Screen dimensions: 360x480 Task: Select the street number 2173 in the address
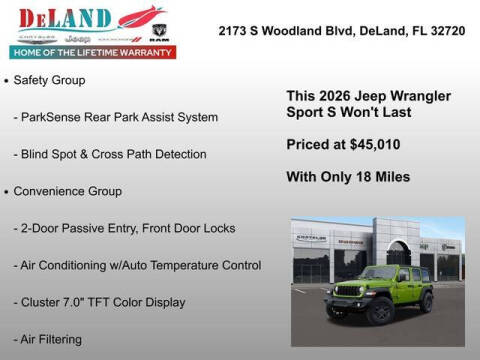click(233, 30)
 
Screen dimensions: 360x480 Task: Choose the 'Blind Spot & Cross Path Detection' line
click(110, 154)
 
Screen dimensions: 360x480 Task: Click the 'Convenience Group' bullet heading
click(68, 191)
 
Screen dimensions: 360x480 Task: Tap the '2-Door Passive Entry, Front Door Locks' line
click(124, 228)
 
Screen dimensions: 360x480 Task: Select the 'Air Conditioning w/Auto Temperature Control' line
click(137, 265)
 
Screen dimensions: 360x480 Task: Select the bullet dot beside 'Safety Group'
click(7, 79)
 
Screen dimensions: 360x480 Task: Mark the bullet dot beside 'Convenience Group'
click(7, 191)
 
